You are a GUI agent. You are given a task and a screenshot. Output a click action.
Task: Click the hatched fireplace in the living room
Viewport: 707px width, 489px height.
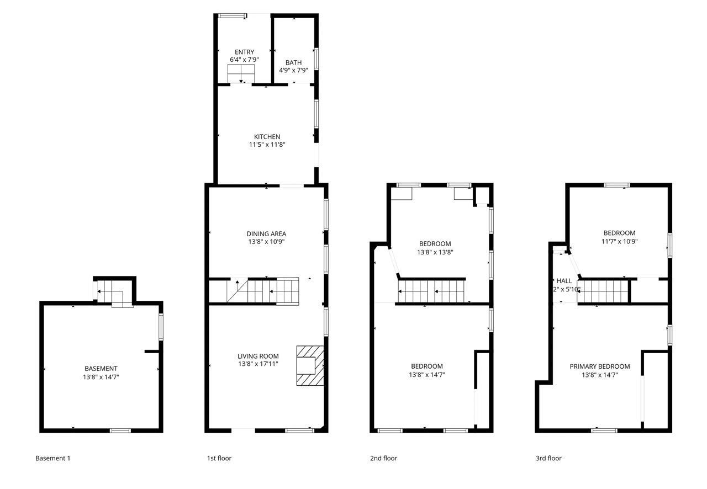point(309,365)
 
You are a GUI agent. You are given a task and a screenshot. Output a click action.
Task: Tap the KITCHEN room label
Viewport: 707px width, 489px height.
point(267,136)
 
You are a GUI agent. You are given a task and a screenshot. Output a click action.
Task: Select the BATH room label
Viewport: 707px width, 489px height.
point(293,62)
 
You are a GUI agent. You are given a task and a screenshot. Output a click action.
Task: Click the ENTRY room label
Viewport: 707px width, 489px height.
point(244,52)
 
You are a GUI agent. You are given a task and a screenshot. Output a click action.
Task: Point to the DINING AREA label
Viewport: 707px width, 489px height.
point(266,233)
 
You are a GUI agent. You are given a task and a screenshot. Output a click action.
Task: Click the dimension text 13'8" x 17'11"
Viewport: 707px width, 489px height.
point(258,364)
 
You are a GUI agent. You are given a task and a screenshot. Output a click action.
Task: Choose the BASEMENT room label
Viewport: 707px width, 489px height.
point(101,368)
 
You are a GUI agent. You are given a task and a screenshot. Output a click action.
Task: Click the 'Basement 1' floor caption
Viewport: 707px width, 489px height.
point(53,458)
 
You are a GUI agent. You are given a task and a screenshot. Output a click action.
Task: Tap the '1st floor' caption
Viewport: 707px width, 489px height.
point(219,458)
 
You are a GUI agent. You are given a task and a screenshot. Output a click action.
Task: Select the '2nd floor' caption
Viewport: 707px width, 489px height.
point(383,458)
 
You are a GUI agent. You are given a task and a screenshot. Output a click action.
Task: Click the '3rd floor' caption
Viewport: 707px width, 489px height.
point(548,458)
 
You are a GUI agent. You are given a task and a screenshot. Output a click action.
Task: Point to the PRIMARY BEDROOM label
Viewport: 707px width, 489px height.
point(599,366)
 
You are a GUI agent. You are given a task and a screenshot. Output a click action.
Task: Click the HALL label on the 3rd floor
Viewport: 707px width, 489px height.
point(564,281)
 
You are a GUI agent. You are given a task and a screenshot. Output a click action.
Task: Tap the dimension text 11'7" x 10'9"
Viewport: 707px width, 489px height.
point(619,241)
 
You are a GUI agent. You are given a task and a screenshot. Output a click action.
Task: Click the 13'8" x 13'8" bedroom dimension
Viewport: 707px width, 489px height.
point(435,252)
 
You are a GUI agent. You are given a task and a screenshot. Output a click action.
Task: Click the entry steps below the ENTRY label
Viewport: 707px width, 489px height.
point(241,73)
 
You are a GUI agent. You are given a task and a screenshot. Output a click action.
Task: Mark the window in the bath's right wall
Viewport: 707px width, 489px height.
point(316,59)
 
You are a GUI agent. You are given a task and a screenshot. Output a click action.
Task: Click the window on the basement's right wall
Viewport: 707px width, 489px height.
point(161,327)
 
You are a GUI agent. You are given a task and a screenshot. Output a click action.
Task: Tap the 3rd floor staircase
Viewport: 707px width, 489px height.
point(603,290)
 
